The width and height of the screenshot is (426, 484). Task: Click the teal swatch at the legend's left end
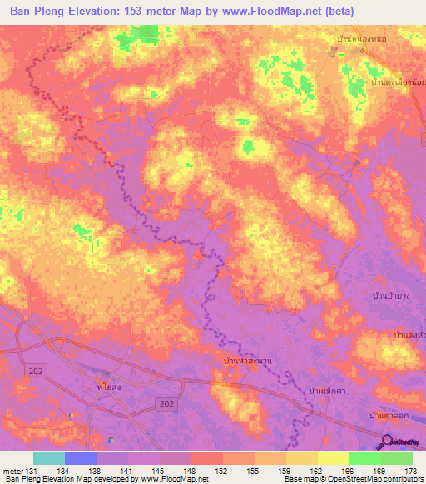click(x=49, y=458)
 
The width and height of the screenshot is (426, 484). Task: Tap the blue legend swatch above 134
click(x=81, y=458)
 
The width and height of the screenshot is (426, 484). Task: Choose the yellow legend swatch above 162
click(x=302, y=458)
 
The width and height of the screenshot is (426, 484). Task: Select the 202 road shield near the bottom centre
click(x=167, y=403)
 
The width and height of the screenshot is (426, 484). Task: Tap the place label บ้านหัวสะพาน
click(x=249, y=360)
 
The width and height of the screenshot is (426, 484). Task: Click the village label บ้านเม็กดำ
click(x=329, y=390)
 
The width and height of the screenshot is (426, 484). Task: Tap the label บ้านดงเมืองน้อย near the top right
click(x=398, y=83)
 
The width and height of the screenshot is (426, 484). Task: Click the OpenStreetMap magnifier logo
click(x=389, y=442)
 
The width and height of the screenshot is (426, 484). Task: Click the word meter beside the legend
click(x=13, y=471)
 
